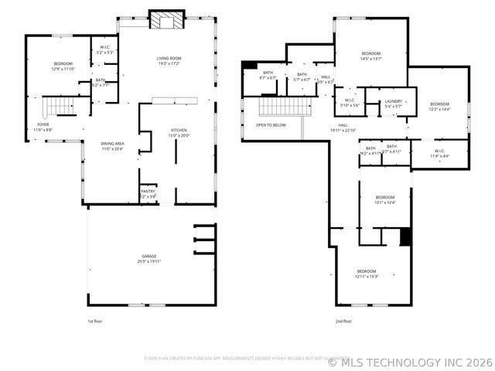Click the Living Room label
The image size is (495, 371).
click(169, 60)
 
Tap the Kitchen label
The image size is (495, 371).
click(179, 132)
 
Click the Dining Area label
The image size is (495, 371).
click(113, 145)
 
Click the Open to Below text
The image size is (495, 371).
click(271, 124)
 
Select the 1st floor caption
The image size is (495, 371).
click(94, 321)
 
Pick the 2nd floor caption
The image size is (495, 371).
click(343, 321)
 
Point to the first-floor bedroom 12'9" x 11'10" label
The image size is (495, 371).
click(63, 66)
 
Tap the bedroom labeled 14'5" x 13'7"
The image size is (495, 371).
click(371, 55)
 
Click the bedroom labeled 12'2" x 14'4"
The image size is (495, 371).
click(439, 106)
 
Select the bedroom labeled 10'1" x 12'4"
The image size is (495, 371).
click(385, 199)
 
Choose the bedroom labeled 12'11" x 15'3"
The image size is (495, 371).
click(366, 273)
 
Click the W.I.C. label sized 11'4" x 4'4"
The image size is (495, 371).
click(439, 153)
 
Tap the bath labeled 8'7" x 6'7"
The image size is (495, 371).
click(268, 77)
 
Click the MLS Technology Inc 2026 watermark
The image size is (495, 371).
click(410, 361)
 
